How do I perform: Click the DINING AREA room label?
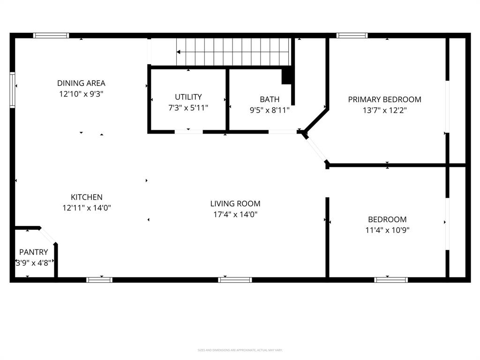[x=81, y=83]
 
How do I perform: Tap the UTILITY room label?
[x=188, y=97]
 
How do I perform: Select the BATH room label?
[x=270, y=99]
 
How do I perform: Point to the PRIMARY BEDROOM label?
[x=384, y=99]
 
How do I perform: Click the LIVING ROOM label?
[x=235, y=203]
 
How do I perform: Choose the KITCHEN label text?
[x=86, y=197]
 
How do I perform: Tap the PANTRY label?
[x=33, y=252]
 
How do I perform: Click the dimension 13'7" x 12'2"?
[x=384, y=111]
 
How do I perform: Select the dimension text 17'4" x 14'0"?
[x=235, y=215]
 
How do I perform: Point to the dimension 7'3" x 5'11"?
[x=188, y=108]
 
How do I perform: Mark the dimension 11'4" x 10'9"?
[x=387, y=230]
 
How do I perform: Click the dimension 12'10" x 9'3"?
[x=81, y=94]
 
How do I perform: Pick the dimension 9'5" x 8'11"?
[x=270, y=110]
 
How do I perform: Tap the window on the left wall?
[x=12, y=90]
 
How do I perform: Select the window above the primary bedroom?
[x=352, y=35]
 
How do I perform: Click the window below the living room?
[x=235, y=280]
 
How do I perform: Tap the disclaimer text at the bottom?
[x=240, y=350]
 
